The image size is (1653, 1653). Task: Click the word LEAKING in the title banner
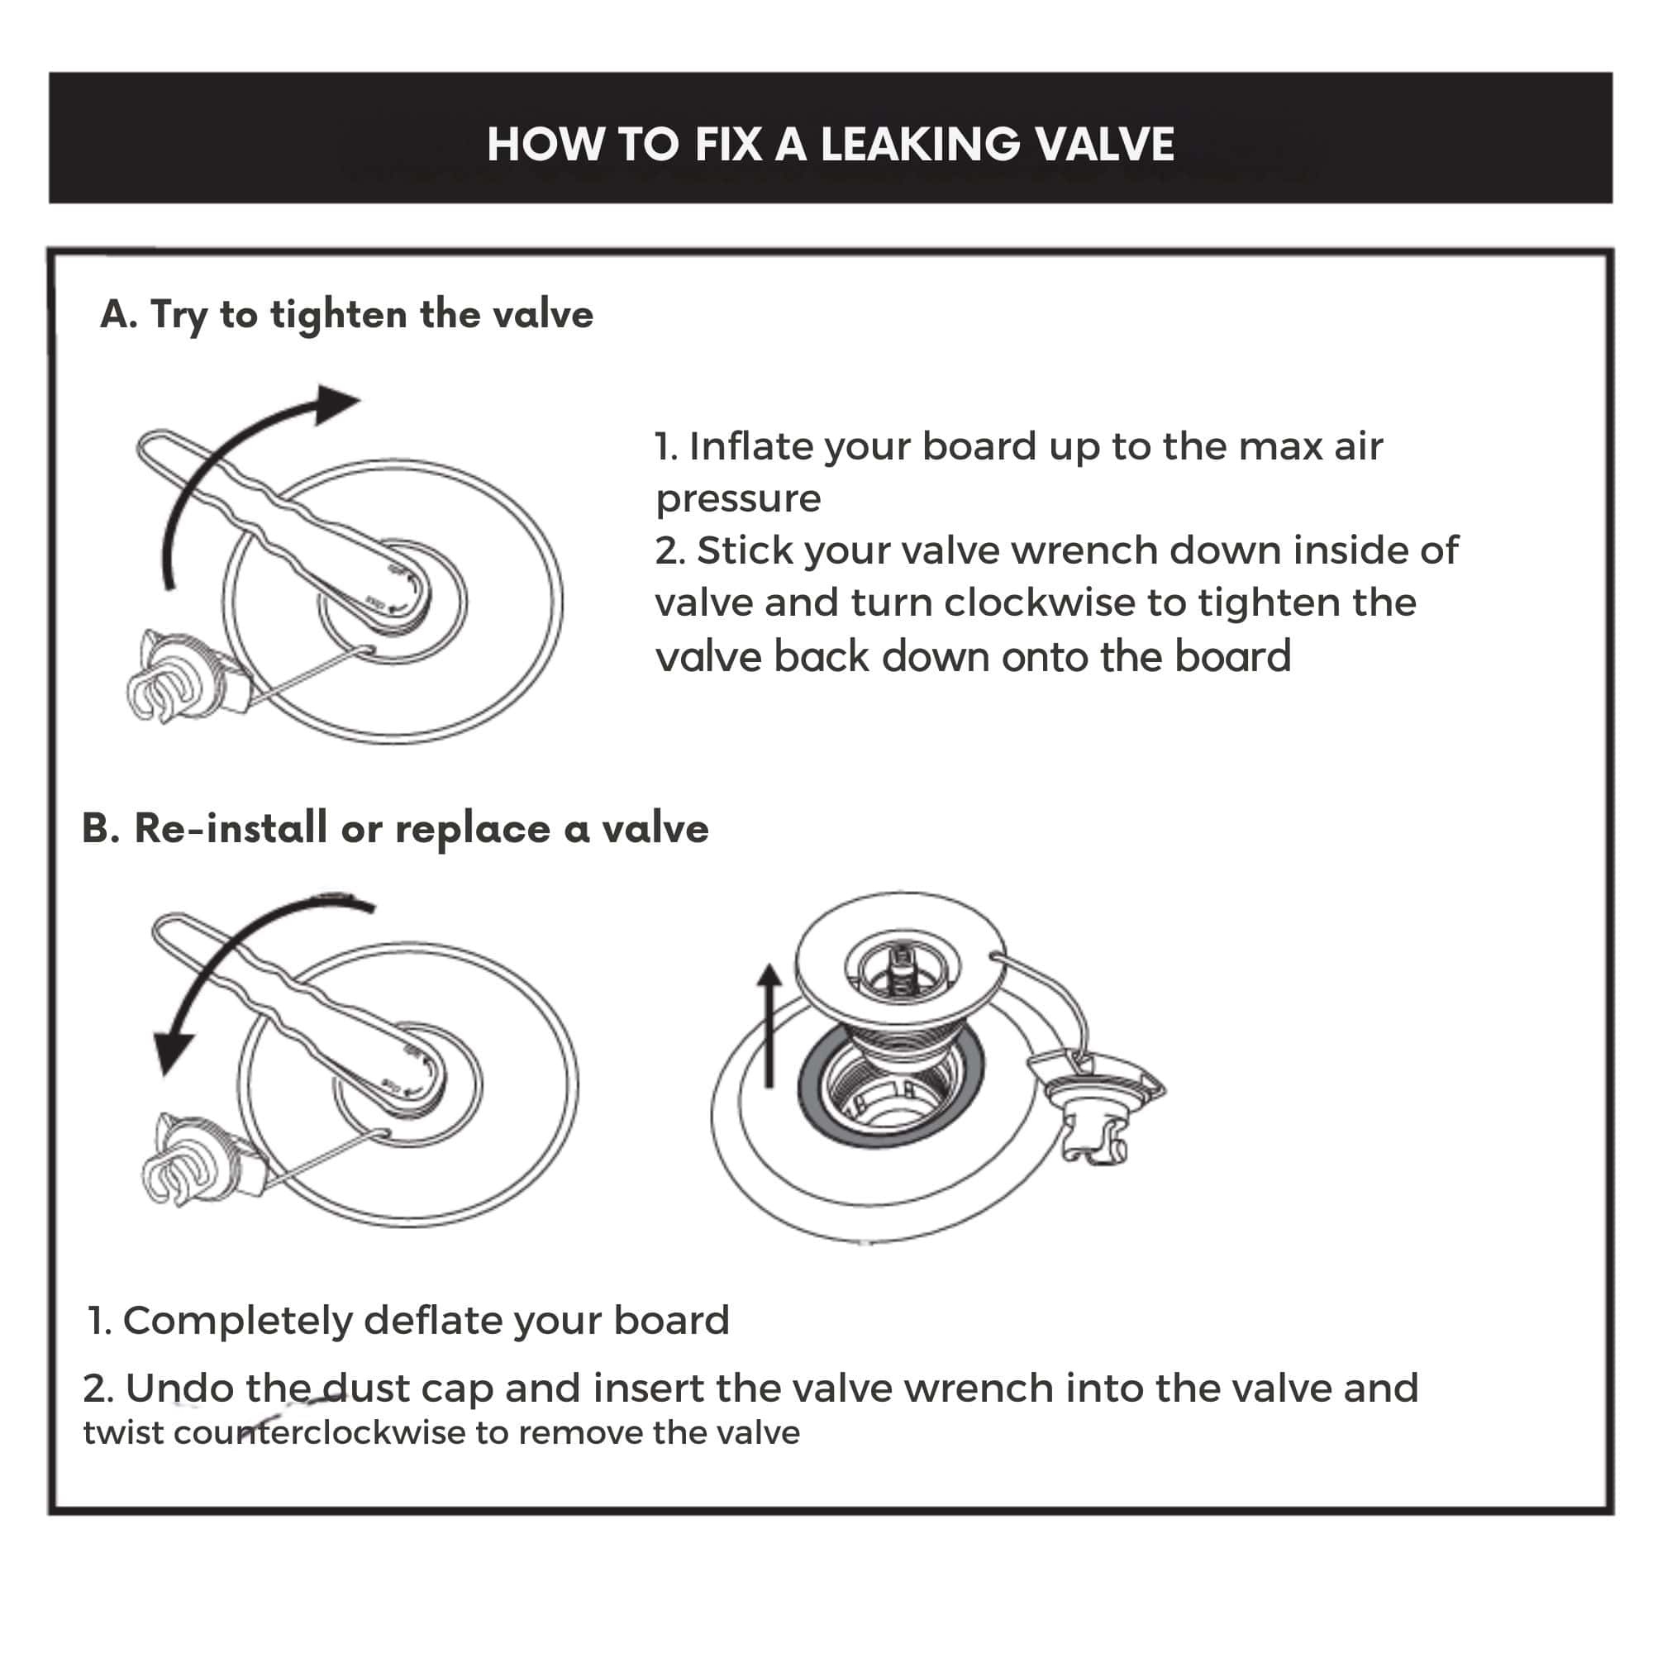920,144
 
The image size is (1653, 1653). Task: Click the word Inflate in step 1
750,446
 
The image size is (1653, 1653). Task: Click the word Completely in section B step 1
237,1320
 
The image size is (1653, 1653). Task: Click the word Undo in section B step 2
179,1388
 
